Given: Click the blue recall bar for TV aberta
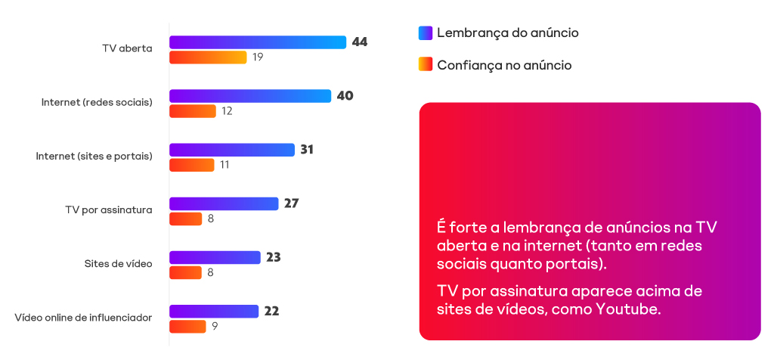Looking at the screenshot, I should (x=257, y=42).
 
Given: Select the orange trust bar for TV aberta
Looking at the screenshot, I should (x=208, y=57).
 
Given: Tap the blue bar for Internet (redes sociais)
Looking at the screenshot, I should (x=249, y=96).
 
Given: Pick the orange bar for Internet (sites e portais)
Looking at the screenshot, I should (x=192, y=165).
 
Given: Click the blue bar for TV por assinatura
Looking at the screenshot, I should (x=224, y=203).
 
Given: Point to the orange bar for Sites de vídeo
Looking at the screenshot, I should (x=185, y=272).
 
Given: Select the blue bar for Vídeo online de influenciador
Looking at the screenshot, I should (x=214, y=312).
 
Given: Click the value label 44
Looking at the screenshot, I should (x=359, y=42).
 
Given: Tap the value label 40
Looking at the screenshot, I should (x=345, y=96).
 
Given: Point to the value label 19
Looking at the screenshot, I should (x=258, y=57).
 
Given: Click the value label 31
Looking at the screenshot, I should (x=307, y=150).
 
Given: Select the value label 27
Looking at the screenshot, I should (x=292, y=203).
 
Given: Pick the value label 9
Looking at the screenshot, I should (x=215, y=327).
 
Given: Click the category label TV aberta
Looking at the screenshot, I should (x=127, y=48).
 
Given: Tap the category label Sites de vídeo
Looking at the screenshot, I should (x=119, y=264).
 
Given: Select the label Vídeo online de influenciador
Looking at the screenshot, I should (x=83, y=318).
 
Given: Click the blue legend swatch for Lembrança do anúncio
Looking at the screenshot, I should (x=425, y=33).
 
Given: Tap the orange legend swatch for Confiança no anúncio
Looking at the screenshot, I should (x=425, y=65).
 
